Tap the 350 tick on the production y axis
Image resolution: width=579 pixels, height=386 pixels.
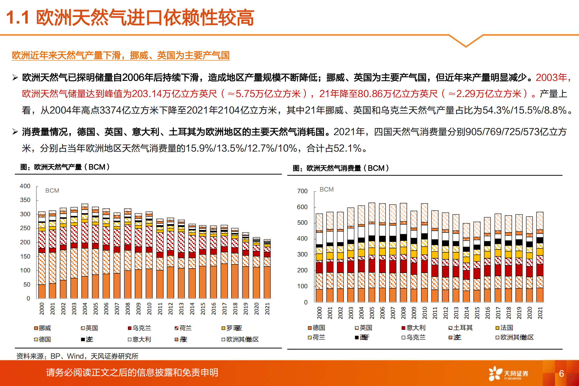click(x=25, y=200)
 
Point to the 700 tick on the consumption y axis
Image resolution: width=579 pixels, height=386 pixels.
click(x=302, y=191)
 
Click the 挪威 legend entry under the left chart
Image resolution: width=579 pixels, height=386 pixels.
click(x=43, y=328)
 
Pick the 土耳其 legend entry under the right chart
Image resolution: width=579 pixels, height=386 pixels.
click(x=460, y=328)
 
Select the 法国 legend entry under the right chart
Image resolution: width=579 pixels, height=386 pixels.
click(x=504, y=328)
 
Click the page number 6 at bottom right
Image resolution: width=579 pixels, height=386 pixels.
click(x=561, y=374)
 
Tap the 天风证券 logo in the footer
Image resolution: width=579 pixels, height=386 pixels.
click(x=508, y=374)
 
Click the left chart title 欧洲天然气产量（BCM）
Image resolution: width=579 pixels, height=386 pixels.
click(x=65, y=167)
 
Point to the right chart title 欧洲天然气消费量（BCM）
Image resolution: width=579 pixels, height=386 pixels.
click(x=341, y=168)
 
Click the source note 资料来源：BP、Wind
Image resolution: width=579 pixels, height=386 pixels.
click(x=77, y=356)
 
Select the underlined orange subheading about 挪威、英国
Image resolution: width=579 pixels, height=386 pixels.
click(x=121, y=55)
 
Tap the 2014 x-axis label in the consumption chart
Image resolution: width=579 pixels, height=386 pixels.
click(x=467, y=313)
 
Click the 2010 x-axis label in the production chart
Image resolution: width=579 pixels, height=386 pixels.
click(x=149, y=309)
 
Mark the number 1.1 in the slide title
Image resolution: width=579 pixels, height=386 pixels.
click(x=18, y=18)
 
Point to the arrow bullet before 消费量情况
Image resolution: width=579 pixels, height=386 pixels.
click(x=15, y=132)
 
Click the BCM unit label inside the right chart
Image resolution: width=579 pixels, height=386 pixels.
click(x=327, y=190)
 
